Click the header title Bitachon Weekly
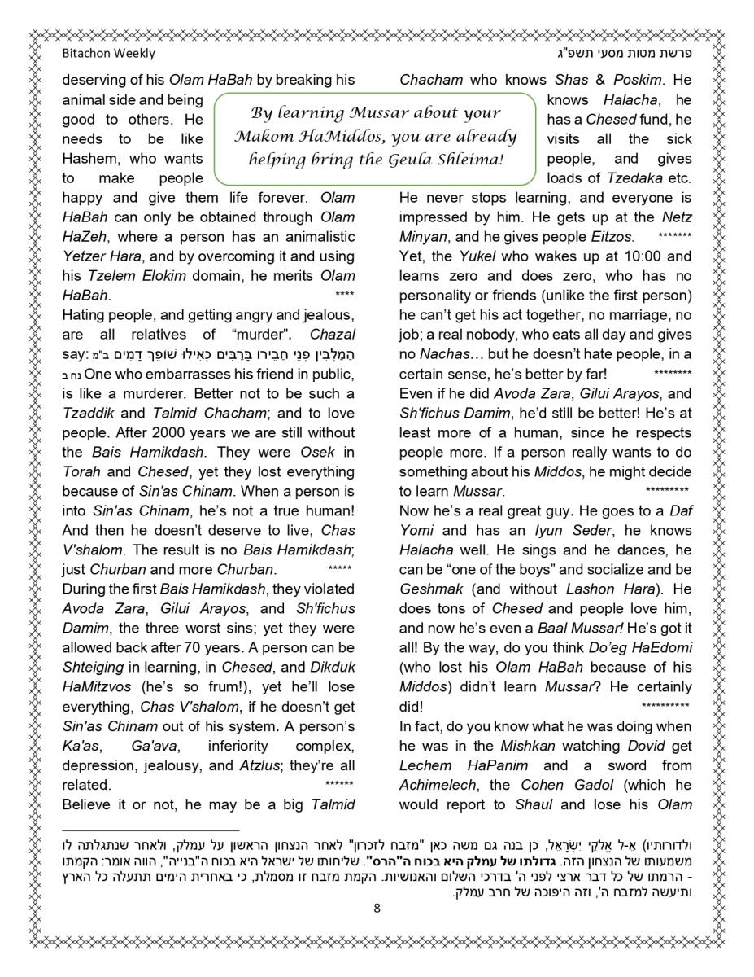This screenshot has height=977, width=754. (x=108, y=54)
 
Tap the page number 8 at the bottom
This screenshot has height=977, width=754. (x=377, y=909)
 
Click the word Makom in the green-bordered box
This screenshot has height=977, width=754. (x=262, y=136)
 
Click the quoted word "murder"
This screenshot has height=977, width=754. (x=257, y=335)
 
